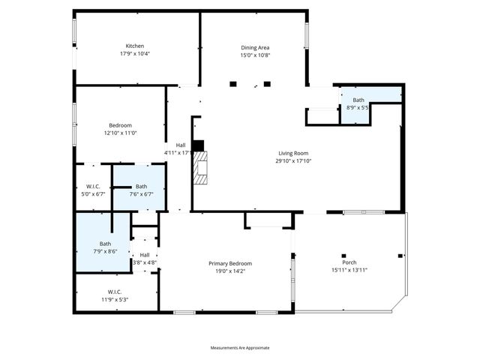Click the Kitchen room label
click(x=135, y=46)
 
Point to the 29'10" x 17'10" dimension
click(x=293, y=160)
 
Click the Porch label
click(x=349, y=262)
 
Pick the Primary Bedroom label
click(x=229, y=263)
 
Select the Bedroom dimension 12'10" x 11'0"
click(x=120, y=133)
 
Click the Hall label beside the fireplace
click(x=181, y=145)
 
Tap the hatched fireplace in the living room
click(x=199, y=168)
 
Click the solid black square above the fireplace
click(x=198, y=145)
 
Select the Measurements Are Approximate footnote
click(x=239, y=347)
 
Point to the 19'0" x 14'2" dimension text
click(x=229, y=271)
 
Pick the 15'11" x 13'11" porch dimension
click(x=349, y=270)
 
